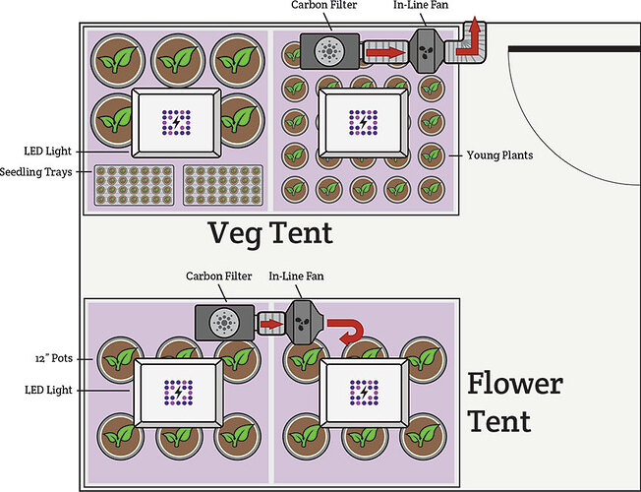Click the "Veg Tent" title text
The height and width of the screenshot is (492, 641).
(269, 235)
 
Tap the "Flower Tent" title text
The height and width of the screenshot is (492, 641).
(514, 401)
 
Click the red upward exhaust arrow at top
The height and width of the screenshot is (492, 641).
(474, 31)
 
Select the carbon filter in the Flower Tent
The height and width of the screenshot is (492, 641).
(224, 322)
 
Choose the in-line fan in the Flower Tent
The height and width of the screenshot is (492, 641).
(302, 321)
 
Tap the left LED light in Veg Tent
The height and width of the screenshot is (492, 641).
(176, 122)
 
